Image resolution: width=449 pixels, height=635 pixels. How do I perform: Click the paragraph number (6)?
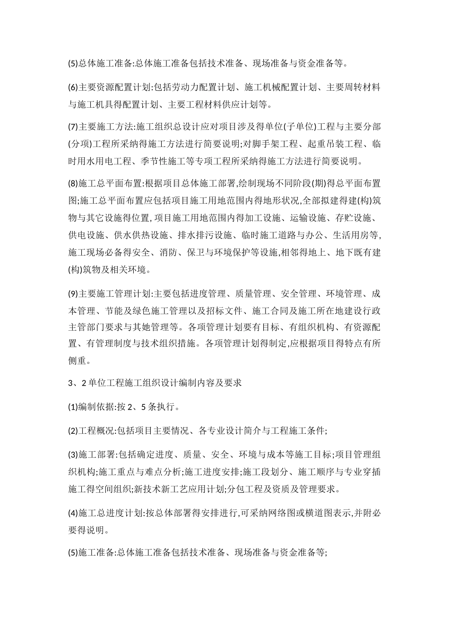[x=73, y=87]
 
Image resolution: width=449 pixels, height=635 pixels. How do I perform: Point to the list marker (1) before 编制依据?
[x=73, y=407]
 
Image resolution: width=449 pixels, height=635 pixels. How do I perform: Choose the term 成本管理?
[x=78, y=311]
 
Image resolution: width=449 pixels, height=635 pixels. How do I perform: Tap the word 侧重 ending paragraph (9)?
[x=78, y=361]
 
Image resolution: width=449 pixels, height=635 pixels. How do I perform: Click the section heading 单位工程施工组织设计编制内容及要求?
[x=164, y=383]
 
